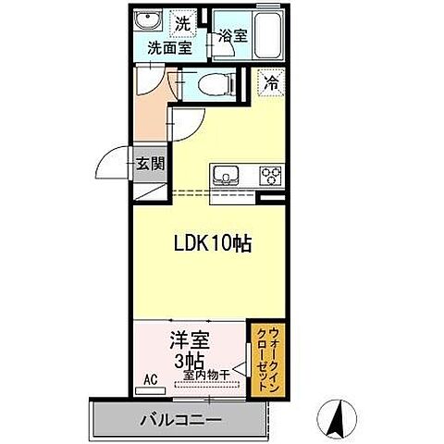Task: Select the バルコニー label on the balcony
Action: tap(180, 419)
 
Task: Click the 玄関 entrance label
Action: tap(151, 163)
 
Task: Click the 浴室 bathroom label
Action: tap(232, 36)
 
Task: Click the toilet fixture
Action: tap(215, 82)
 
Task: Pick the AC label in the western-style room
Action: tap(150, 379)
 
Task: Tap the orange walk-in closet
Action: tap(265, 358)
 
